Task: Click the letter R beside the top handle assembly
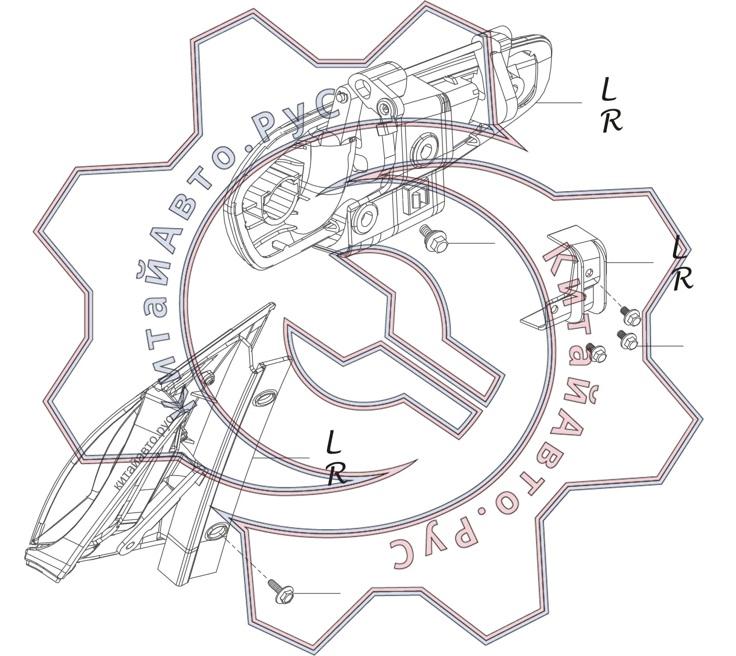pos(612,121)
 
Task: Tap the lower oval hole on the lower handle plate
pos(216,531)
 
